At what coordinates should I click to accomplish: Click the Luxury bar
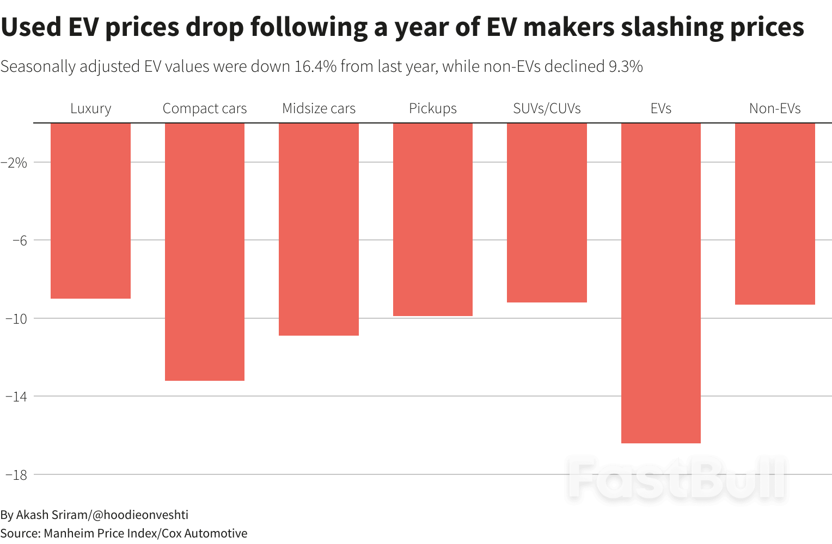coord(90,211)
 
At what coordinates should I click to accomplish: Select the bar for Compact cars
coord(205,252)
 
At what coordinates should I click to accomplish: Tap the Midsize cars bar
coord(319,229)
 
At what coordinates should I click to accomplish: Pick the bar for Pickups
coord(433,219)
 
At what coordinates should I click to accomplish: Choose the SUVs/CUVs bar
coord(547,213)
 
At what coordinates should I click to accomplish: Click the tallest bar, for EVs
coord(661,283)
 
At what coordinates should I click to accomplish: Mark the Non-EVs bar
coord(775,214)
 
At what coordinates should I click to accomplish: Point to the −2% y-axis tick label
coord(14,162)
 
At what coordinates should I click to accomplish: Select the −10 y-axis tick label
coord(16,319)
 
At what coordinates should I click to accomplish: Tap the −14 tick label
coord(16,397)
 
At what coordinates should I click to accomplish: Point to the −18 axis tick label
coord(16,475)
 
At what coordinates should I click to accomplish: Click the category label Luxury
coord(90,109)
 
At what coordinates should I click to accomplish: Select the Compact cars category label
coord(205,109)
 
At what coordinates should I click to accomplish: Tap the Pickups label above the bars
coord(433,109)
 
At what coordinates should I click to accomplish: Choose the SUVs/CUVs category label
coord(547,109)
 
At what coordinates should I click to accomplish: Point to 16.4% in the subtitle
coord(315,66)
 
